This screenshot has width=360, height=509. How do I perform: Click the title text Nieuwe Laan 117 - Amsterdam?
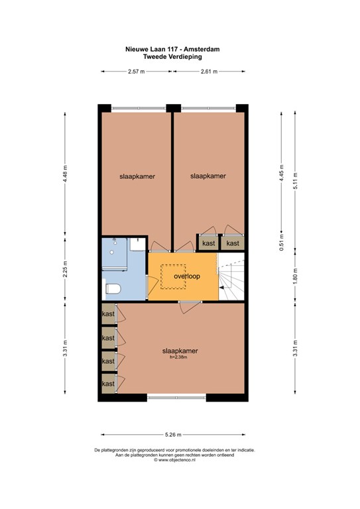[x=173, y=48]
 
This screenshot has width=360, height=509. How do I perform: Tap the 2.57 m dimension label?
[x=137, y=71]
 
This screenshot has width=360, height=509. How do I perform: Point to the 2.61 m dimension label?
[x=210, y=71]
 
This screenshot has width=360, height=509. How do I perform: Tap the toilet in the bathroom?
[x=113, y=289]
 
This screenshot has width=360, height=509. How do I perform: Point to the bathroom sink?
[x=137, y=245]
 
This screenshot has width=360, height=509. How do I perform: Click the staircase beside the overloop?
[x=231, y=276]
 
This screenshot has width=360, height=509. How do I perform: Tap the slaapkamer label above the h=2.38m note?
[x=181, y=351]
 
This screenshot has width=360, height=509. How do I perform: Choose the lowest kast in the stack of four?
[x=108, y=383]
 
